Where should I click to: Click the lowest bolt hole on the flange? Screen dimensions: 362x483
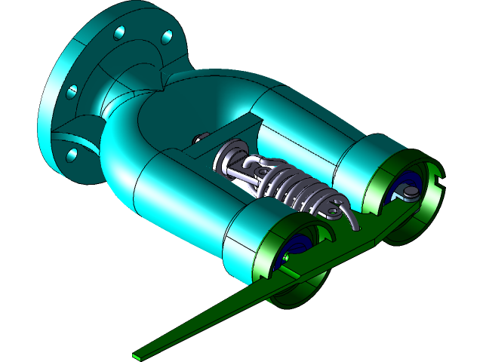[72, 155]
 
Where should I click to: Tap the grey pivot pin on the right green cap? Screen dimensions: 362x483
[408, 195]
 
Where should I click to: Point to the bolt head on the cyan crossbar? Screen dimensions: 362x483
[198, 137]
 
